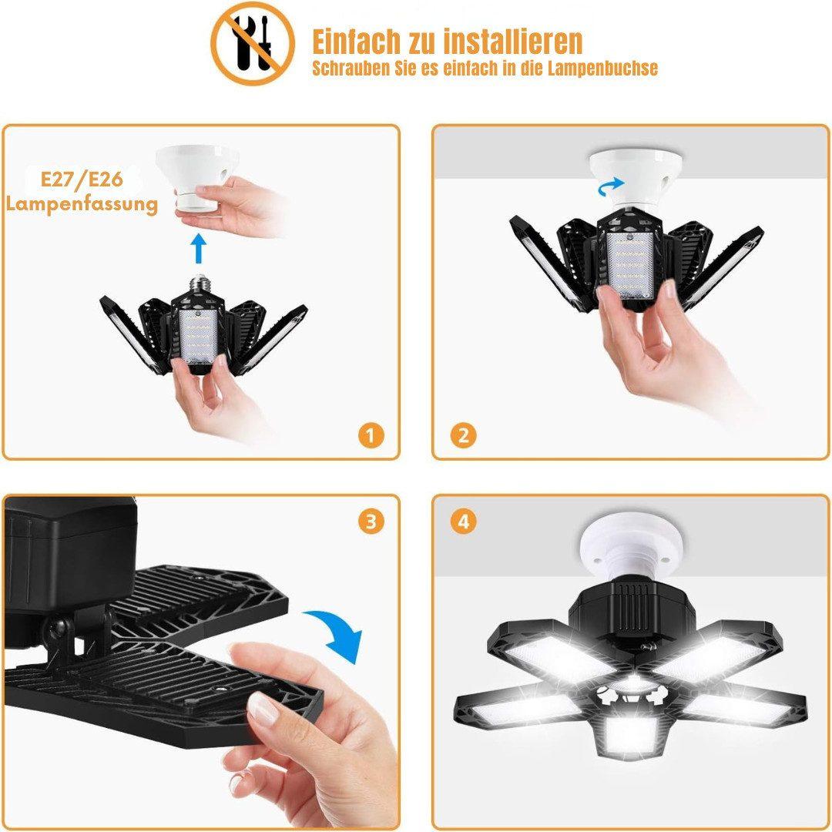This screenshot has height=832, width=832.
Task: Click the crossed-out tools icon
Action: coord(252,43)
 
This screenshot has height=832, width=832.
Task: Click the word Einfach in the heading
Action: coord(357,42)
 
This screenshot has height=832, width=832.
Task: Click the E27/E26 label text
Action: coord(82,179)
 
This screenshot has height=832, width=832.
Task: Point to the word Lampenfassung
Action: coord(82,204)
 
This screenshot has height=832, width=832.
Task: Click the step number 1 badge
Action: coord(371,435)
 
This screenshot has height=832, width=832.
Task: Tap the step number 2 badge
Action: coord(463,435)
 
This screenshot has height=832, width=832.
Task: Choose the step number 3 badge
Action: coord(371,522)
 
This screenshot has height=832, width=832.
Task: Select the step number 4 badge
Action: coord(463,522)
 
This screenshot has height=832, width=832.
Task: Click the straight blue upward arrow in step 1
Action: coord(199,248)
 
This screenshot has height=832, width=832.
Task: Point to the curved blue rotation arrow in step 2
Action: coord(611,186)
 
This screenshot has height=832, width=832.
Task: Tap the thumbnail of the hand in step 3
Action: coord(263,709)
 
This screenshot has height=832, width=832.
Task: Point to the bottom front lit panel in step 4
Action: coord(631,735)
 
